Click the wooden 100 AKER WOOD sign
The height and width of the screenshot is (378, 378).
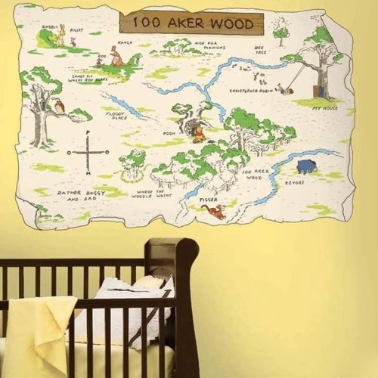click(192, 23)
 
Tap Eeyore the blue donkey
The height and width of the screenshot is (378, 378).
click(306, 166)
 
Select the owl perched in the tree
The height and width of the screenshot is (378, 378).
click(58, 107)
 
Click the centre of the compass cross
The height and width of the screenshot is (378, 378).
click(87, 152)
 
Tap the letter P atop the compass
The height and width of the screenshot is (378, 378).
click(87, 133)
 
